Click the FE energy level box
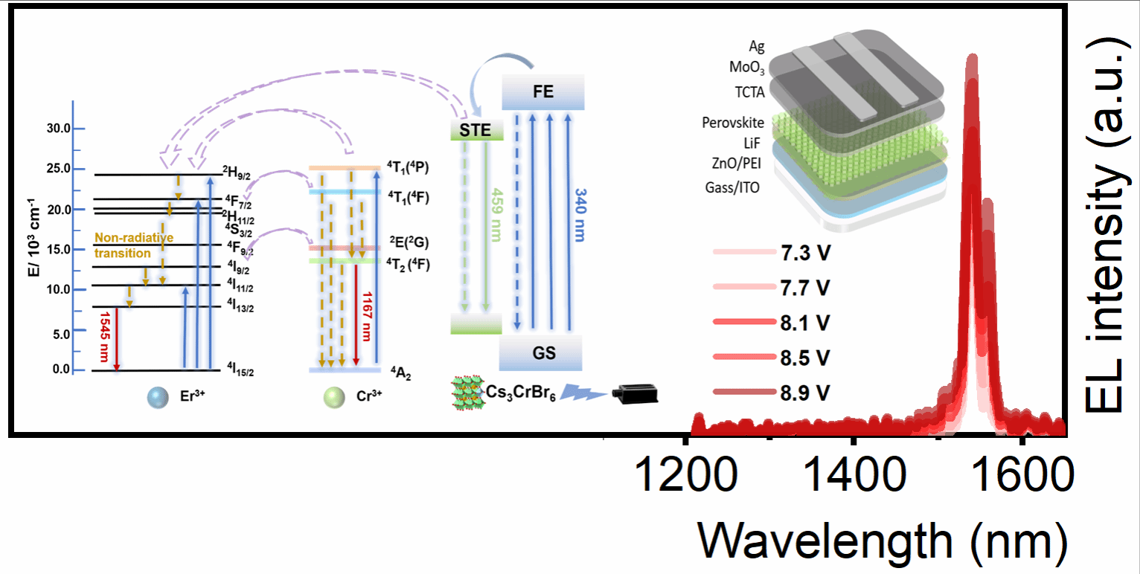click(x=543, y=92)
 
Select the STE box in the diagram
click(x=476, y=130)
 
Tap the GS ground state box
click(x=540, y=352)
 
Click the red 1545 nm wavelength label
click(x=105, y=337)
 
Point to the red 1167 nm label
click(x=366, y=316)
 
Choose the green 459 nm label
click(x=496, y=215)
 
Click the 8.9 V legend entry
click(x=772, y=393)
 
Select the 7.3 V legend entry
click(x=772, y=252)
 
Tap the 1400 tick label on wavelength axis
click(x=854, y=474)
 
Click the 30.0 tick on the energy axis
click(x=59, y=128)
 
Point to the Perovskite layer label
click(x=733, y=123)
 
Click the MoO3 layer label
click(x=746, y=67)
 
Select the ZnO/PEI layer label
click(x=737, y=163)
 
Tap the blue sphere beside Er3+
click(x=158, y=398)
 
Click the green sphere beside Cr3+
click(x=334, y=398)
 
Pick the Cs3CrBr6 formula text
click(x=520, y=393)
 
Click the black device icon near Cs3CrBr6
click(x=635, y=394)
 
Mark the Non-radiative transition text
click(x=134, y=245)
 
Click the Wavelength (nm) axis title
click(x=883, y=543)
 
